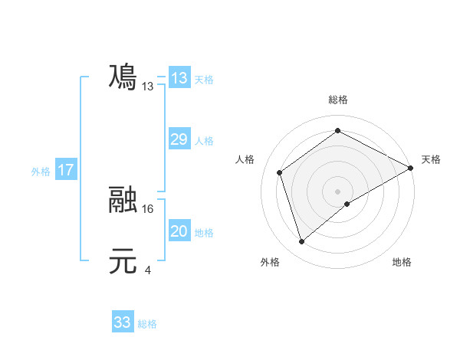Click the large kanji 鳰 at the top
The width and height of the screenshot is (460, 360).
pos(123,77)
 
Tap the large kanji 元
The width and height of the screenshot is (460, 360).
pos(123,261)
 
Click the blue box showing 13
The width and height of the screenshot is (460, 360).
pos(179,78)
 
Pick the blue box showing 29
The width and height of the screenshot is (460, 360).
pos(179,139)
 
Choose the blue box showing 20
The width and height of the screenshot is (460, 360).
pos(179,231)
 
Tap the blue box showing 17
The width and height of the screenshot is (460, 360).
pos(66,170)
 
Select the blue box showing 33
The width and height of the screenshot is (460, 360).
pos(123,322)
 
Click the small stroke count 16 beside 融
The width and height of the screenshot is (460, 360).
pos(149,208)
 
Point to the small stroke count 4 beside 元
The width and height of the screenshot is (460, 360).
pos(148,270)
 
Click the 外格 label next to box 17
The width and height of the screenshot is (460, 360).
pos(41,172)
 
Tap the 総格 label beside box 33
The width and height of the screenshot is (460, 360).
pos(147,324)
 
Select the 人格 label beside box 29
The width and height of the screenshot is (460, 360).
pos(204,141)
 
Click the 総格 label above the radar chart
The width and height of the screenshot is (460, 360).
pos(337,100)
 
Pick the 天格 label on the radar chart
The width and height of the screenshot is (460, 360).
pos(431,159)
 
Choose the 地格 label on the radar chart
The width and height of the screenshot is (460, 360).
pos(402,262)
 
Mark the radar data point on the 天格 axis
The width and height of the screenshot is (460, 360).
pos(411,168)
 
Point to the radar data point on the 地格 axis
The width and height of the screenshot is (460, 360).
pos(347,204)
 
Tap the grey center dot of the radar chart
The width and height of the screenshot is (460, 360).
pos(337,191)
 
